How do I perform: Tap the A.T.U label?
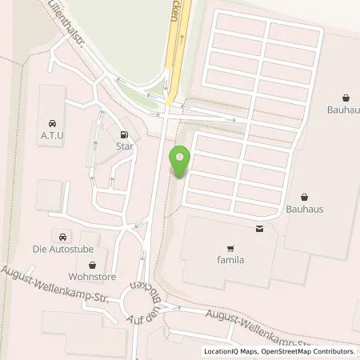53,137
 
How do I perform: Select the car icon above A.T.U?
53,123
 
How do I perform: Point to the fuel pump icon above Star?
123,134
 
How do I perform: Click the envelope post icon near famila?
259,228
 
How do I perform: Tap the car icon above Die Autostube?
62,235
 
